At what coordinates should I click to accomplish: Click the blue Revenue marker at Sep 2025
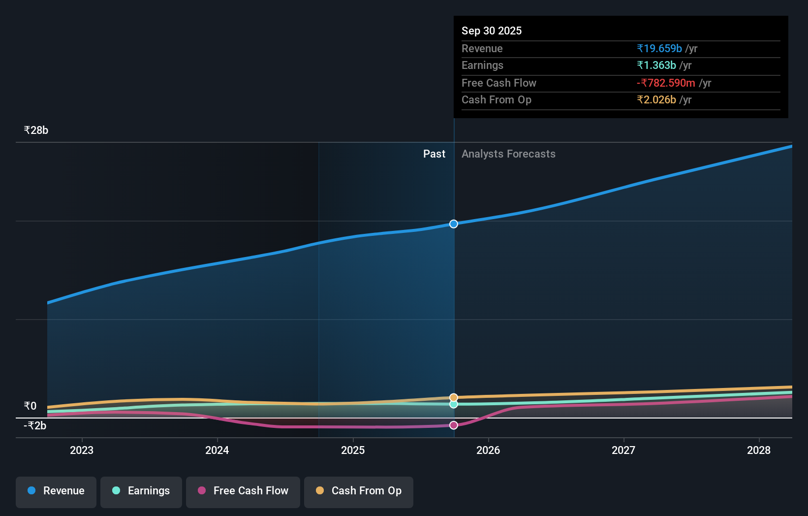(454, 224)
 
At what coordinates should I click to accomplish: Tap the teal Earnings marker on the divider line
(454, 404)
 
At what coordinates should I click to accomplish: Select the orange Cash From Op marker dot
(454, 397)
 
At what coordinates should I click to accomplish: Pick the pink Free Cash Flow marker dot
(454, 425)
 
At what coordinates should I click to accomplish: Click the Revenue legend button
(56, 491)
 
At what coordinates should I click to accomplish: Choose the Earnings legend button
(141, 491)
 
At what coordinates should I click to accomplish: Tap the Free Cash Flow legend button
(243, 491)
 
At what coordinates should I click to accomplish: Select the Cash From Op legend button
(359, 491)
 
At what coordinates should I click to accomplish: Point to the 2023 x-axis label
(82, 450)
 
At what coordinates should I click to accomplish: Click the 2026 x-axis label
(488, 450)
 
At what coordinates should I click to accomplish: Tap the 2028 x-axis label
(759, 450)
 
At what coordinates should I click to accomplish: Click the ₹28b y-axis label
(36, 130)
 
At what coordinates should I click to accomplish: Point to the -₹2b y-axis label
(35, 425)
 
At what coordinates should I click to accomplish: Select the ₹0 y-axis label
(31, 406)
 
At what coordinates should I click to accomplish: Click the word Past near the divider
(434, 154)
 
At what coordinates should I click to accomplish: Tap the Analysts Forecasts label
(508, 154)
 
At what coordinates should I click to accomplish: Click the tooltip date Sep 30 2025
(492, 31)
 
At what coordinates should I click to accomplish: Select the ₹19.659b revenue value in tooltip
(659, 48)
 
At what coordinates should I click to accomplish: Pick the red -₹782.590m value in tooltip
(666, 83)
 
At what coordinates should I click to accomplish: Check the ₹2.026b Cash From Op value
(656, 99)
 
